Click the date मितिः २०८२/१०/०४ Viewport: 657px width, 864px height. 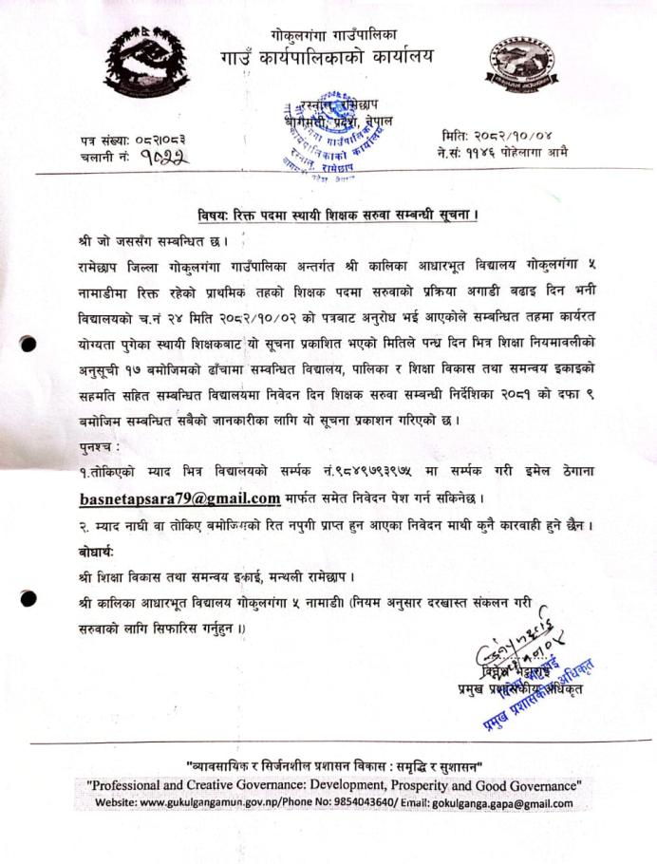click(x=496, y=137)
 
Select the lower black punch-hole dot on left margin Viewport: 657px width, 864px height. click(x=31, y=597)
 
